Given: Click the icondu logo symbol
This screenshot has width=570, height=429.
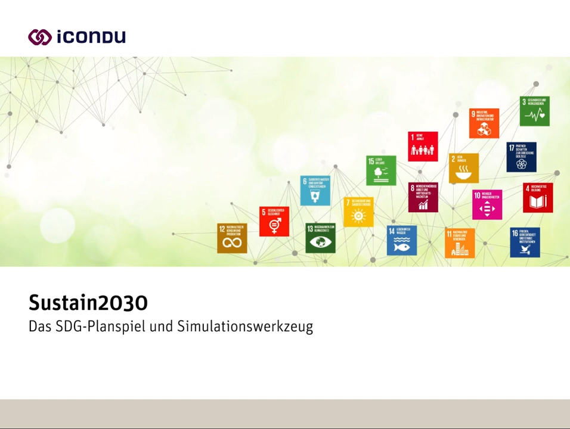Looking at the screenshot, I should tap(40, 37).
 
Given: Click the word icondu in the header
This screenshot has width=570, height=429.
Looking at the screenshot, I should tap(91, 37).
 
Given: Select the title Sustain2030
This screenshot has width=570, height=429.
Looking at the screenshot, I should tap(88, 303).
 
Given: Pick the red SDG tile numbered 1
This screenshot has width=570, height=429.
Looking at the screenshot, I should tap(423, 146).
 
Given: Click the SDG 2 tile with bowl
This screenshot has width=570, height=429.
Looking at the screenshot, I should tap(463, 168).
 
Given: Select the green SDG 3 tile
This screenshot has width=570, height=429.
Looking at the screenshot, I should tap(534, 111).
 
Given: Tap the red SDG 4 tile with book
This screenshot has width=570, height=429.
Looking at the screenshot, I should tap(538, 198).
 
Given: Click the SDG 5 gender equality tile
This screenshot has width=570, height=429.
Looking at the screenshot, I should tap(274, 221).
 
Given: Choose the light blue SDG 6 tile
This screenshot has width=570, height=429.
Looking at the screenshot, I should tap(315, 191).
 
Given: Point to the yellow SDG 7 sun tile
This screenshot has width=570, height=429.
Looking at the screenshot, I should tap(358, 212).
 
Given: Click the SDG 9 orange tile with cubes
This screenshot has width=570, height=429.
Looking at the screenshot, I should tap(484, 123).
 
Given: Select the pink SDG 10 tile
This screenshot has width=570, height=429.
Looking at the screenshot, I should tap(487, 204).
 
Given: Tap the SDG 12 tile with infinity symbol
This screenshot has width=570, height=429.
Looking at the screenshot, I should tap(232, 238).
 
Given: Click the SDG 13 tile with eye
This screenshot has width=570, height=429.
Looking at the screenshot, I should tap(320, 238).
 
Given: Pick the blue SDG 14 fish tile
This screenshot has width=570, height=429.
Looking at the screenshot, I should tap(401, 240).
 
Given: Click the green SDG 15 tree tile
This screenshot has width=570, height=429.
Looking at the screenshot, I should tap(381, 170).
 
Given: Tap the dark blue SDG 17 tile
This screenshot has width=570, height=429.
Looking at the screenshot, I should tap(521, 157).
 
